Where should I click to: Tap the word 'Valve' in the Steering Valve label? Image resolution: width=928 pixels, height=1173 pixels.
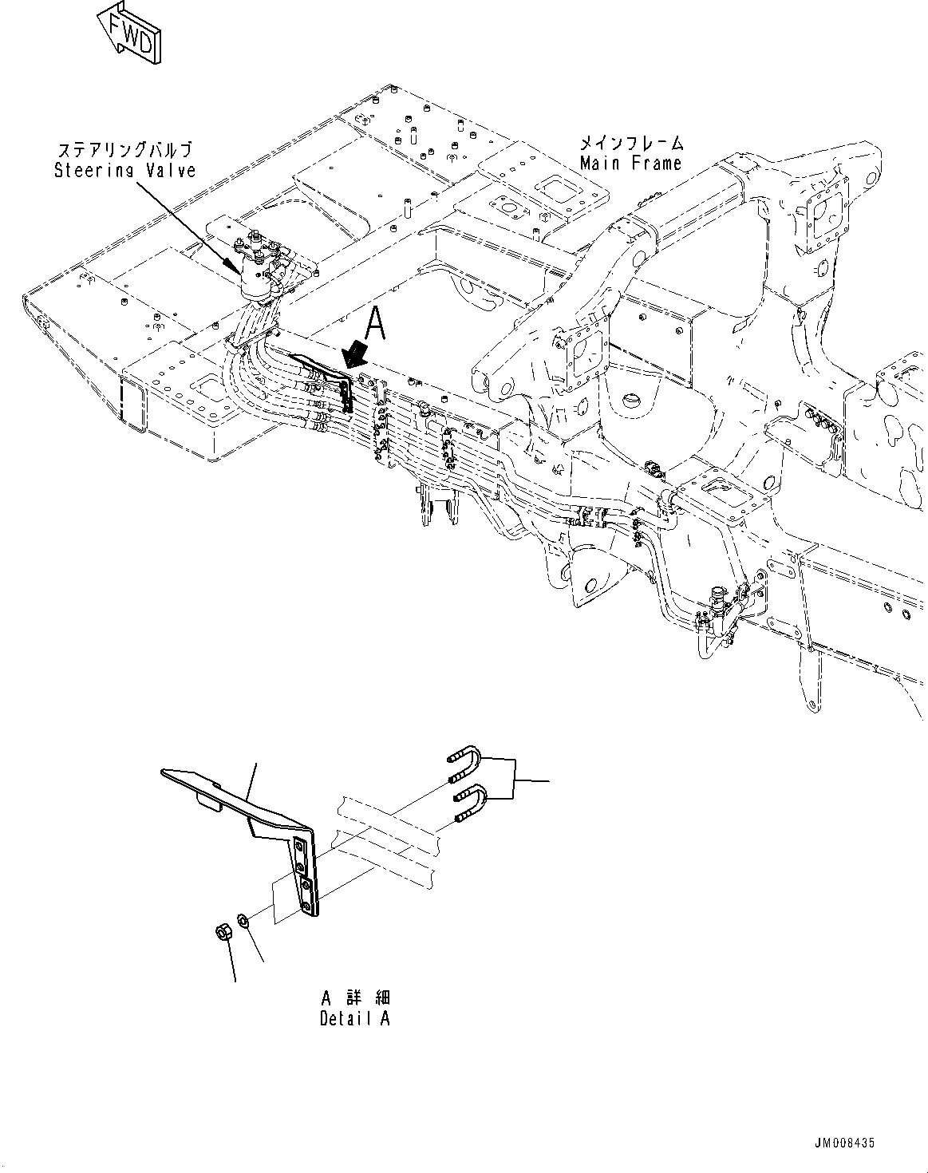[x=171, y=170]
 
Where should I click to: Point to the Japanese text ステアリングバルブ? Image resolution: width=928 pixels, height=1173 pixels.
[x=125, y=151]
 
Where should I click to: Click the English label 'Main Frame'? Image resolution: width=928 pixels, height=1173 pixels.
[x=630, y=164]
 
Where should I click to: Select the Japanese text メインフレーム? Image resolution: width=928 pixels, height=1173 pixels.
[x=630, y=144]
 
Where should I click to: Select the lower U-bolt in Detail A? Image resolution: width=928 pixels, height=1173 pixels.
[x=466, y=803]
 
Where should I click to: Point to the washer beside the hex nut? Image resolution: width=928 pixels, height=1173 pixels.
[x=246, y=922]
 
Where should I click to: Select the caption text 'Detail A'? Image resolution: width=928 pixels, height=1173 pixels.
[x=354, y=1018]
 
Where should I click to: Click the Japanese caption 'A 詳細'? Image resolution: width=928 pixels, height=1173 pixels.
[x=356, y=997]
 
